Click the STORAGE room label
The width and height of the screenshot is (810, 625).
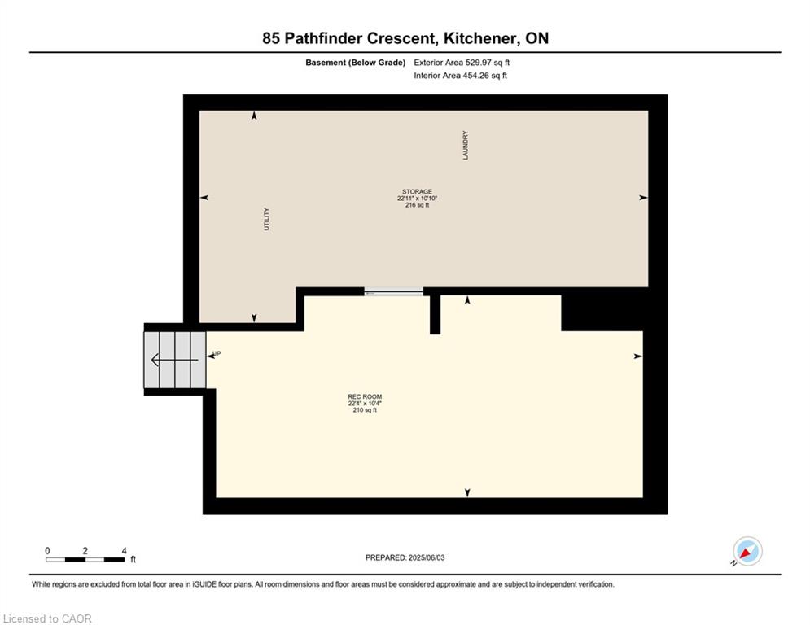tap(418, 191)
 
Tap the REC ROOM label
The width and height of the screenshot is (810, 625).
tap(365, 396)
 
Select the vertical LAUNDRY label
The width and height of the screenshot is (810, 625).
tap(466, 145)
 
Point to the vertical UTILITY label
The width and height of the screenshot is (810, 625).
tap(266, 219)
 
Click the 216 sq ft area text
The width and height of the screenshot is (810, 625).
tap(418, 205)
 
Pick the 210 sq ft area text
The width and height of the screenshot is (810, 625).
tap(365, 410)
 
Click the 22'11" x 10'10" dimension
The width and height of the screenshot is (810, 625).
tap(418, 199)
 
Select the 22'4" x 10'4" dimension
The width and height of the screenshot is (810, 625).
tap(365, 404)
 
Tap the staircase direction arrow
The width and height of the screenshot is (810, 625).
tap(174, 360)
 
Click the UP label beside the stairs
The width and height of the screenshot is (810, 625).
tap(217, 354)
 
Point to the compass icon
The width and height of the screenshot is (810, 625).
tap(747, 551)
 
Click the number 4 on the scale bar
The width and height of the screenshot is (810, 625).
tap(124, 551)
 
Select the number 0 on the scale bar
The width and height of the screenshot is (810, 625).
tap(47, 551)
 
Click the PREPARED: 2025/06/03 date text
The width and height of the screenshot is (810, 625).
tap(405, 557)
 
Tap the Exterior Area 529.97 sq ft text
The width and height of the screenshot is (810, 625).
tap(462, 63)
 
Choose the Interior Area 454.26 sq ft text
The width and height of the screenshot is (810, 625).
tap(460, 76)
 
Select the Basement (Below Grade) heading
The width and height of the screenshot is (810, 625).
tap(356, 63)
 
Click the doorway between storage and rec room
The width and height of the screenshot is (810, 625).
tap(394, 292)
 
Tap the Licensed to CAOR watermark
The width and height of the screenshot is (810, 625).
tap(47, 618)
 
